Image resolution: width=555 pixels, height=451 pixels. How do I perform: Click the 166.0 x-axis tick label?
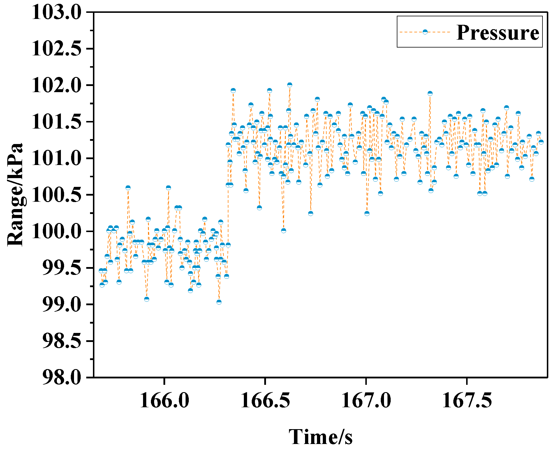click(x=165, y=400)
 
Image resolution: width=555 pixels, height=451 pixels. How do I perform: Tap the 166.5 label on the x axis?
click(x=265, y=400)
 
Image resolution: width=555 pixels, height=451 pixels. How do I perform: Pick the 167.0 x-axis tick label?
click(x=366, y=400)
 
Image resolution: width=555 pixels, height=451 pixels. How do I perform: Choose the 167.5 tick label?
click(x=467, y=400)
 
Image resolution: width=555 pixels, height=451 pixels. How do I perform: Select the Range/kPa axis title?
click(x=15, y=195)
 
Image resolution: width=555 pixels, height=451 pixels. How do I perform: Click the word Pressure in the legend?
click(x=498, y=32)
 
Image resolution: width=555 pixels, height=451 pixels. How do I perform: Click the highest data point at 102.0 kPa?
click(x=290, y=85)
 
